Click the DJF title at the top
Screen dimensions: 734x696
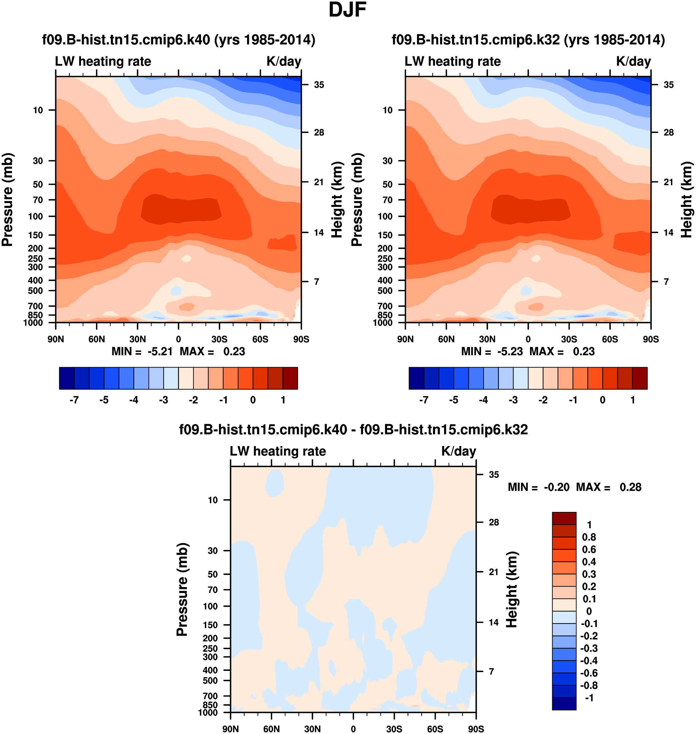click(347, 10)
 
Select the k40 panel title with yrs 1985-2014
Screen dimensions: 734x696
click(178, 40)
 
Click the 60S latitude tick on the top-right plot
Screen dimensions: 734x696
click(609, 339)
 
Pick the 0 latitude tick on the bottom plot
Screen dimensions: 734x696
click(353, 729)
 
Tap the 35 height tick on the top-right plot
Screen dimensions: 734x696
click(669, 85)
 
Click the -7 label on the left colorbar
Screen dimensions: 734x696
click(74, 400)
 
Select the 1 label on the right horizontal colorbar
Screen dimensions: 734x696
click(633, 400)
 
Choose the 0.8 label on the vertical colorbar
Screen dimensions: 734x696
click(589, 537)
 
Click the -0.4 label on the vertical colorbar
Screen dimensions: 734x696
click(589, 660)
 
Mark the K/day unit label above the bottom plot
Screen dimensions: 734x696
click(458, 451)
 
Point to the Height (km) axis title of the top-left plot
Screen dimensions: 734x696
click(337, 200)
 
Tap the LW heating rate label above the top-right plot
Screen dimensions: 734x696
click(453, 61)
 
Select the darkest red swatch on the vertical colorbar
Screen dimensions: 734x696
click(564, 518)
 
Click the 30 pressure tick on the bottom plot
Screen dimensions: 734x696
click(212, 550)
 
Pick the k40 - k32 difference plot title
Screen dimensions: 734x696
click(353, 429)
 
